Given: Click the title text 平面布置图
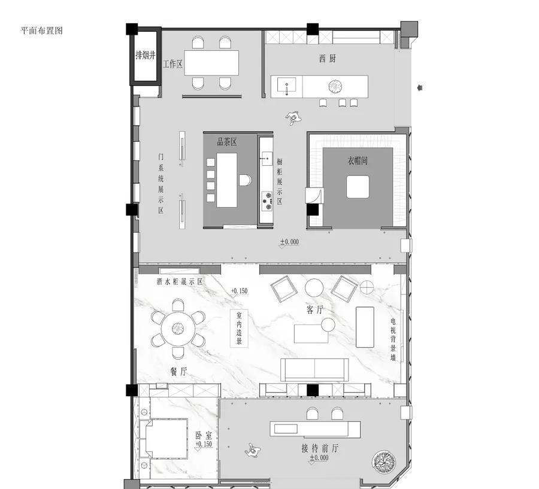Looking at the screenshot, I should (x=41, y=31).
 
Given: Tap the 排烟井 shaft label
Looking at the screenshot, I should (x=145, y=55).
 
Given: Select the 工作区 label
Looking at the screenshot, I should (x=172, y=64).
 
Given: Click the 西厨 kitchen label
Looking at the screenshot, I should (x=327, y=59).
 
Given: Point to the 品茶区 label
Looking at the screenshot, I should (x=226, y=142).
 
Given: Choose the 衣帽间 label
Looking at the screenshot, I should (x=357, y=161).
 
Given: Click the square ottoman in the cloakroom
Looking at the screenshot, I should (x=358, y=187).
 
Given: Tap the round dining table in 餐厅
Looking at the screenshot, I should (x=178, y=328).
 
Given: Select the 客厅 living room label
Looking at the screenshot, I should (x=315, y=310).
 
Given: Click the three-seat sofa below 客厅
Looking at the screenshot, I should (x=314, y=370).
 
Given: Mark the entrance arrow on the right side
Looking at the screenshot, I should (x=420, y=88).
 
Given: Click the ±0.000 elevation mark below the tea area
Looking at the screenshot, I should (x=289, y=242).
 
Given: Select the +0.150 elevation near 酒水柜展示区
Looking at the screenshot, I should (x=239, y=291).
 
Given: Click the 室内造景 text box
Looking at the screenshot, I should (x=239, y=329).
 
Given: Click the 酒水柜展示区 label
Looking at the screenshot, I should (x=180, y=281).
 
